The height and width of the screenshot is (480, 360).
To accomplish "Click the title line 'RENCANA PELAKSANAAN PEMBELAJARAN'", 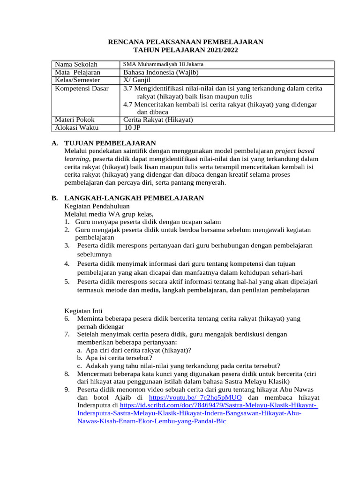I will click(x=186, y=42).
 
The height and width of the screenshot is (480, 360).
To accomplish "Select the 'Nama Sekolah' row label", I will click(x=75, y=64).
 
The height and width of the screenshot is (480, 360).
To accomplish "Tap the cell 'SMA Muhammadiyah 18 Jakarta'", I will click(x=163, y=64).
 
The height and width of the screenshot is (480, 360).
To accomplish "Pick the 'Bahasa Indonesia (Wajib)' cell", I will click(x=161, y=72).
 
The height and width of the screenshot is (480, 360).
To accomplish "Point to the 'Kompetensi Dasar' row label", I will click(x=82, y=88).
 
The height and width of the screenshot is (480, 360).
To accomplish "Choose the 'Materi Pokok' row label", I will click(x=75, y=120).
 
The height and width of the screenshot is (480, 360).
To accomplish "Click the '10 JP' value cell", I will click(x=133, y=127).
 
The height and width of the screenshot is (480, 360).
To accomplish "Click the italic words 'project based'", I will click(x=295, y=151).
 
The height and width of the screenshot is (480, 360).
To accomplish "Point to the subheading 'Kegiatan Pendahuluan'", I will click(x=97, y=206).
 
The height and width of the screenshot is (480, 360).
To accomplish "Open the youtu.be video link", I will click(x=195, y=397).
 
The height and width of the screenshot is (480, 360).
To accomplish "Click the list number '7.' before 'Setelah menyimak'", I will click(x=67, y=334).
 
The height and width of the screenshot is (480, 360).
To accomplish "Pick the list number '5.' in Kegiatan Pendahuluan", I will click(x=67, y=281).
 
